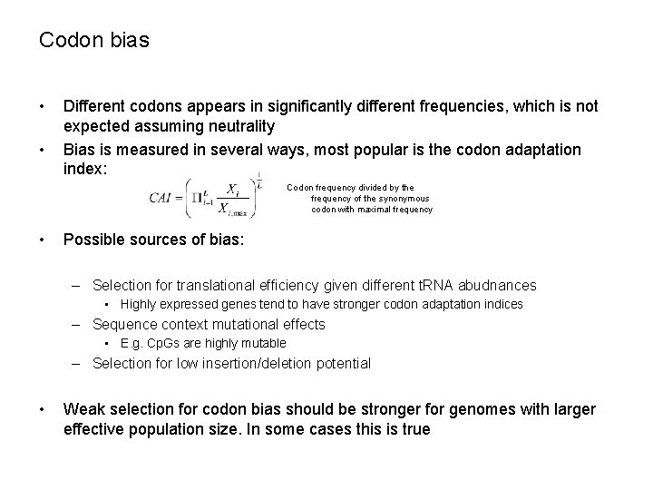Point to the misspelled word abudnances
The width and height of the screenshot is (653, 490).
[497, 284]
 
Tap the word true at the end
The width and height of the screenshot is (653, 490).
[414, 429]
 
